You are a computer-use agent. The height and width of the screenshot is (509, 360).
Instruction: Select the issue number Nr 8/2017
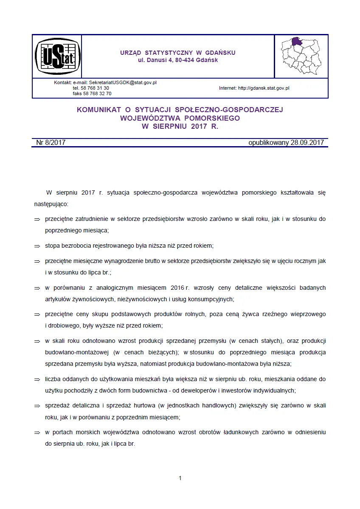coord(51,143)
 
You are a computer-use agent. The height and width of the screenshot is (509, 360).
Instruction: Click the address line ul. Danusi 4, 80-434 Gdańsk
coord(178,60)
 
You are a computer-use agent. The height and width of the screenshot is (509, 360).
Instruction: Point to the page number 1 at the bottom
coord(180,478)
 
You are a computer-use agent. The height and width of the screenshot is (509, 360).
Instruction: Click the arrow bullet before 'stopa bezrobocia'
coord(37,246)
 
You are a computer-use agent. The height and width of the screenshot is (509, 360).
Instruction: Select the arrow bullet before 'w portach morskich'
coord(37,433)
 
